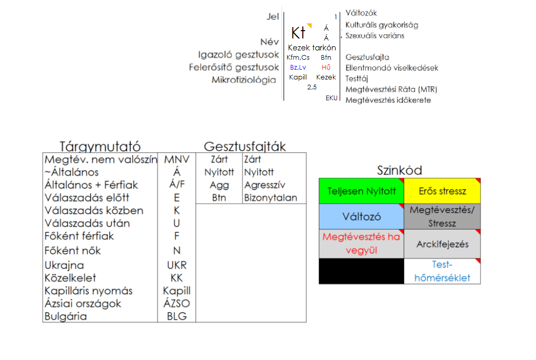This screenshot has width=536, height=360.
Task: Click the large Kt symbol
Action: coord(298,33)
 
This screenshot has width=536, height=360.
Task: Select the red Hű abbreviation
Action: coord(326,68)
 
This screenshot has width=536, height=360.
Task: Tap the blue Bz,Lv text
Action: coord(298,68)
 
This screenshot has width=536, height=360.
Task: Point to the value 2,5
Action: coord(312,87)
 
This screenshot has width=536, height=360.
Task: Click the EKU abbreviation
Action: coord(331,98)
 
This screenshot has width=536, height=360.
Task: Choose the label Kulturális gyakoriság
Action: coord(381,24)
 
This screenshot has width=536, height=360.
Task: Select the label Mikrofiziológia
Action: coord(244,80)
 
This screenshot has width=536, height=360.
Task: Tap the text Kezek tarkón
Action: coord(312,48)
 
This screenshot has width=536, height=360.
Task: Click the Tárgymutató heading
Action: coord(100,146)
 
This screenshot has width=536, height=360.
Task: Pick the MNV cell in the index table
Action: coord(177,159)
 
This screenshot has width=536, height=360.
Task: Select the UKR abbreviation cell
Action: coord(177,265)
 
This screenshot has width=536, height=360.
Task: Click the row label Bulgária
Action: coord(66,316)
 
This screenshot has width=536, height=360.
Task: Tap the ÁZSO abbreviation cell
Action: coord(177,303)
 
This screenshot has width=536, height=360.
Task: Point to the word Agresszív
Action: coord(264,184)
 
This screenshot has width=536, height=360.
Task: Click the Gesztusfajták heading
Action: coord(245,146)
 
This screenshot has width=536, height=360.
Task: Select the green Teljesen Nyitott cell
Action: coord(361,191)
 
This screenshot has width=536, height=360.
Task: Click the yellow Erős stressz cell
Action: coord(442,191)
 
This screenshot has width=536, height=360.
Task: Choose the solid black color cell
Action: coord(361,271)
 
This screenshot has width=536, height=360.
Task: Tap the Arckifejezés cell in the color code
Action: coord(442,244)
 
